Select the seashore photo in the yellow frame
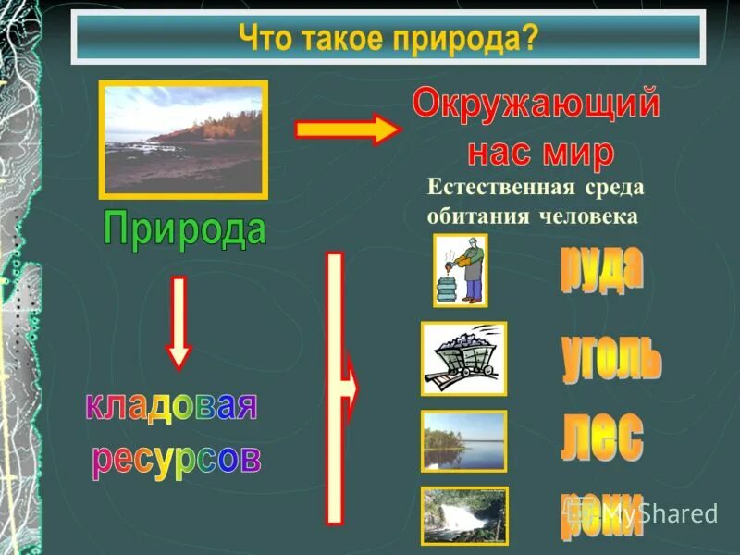click(x=183, y=139)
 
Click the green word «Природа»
click(x=185, y=228)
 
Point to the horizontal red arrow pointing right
click(x=346, y=129)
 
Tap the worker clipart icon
click(x=461, y=269)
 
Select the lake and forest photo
click(x=463, y=440)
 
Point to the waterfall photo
click(x=463, y=515)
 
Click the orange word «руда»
click(x=601, y=269)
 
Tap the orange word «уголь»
click(x=611, y=358)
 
